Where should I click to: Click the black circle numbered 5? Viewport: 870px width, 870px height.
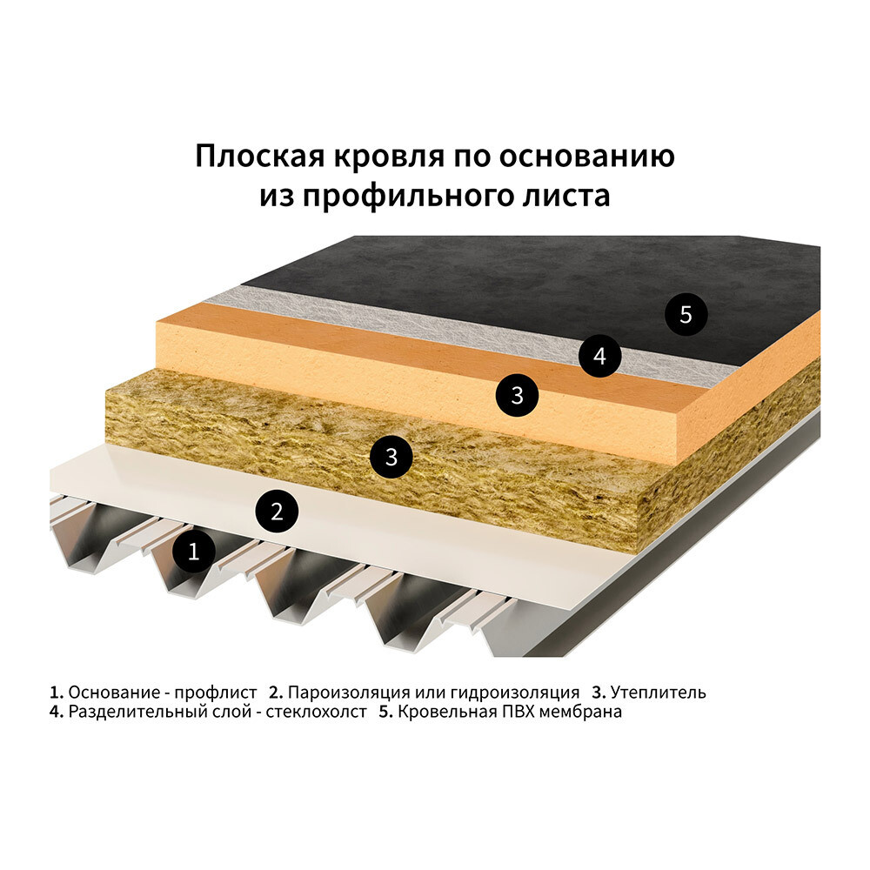click(x=686, y=315)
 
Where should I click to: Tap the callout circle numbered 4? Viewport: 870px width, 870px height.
click(x=599, y=355)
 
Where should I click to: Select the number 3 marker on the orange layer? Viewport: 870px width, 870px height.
click(x=517, y=396)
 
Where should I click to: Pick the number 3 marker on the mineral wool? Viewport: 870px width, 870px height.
click(x=391, y=456)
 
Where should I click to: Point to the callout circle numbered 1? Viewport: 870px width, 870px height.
click(x=194, y=551)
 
